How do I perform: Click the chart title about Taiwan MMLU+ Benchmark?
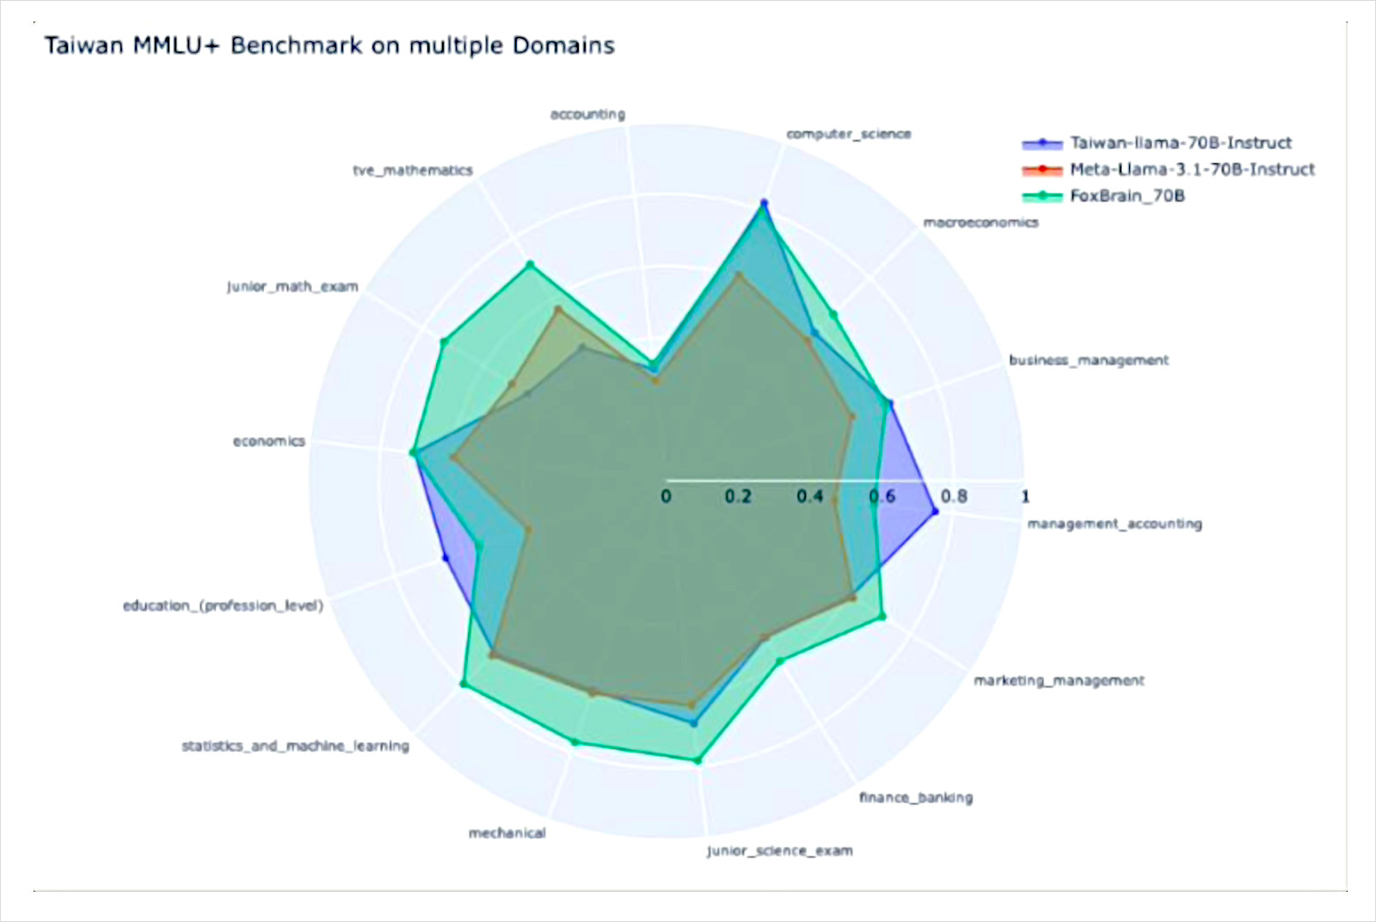(329, 46)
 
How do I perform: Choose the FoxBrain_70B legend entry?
(1103, 196)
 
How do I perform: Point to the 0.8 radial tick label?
(954, 496)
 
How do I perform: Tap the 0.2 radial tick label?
(738, 496)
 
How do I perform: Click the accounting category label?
(588, 114)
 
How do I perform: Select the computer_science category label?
(849, 134)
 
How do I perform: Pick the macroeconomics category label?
(981, 223)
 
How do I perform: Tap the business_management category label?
(1089, 360)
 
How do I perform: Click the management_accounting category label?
(1115, 524)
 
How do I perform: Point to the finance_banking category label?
(916, 798)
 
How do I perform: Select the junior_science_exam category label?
(780, 851)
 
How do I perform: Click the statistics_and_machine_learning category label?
(296, 747)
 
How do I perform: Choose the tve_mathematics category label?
(413, 170)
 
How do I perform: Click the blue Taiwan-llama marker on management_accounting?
(935, 511)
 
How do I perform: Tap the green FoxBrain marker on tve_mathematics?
(531, 265)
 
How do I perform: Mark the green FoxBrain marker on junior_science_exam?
(697, 760)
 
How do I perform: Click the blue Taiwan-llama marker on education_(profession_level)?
(446, 557)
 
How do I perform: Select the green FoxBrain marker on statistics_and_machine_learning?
(464, 684)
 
